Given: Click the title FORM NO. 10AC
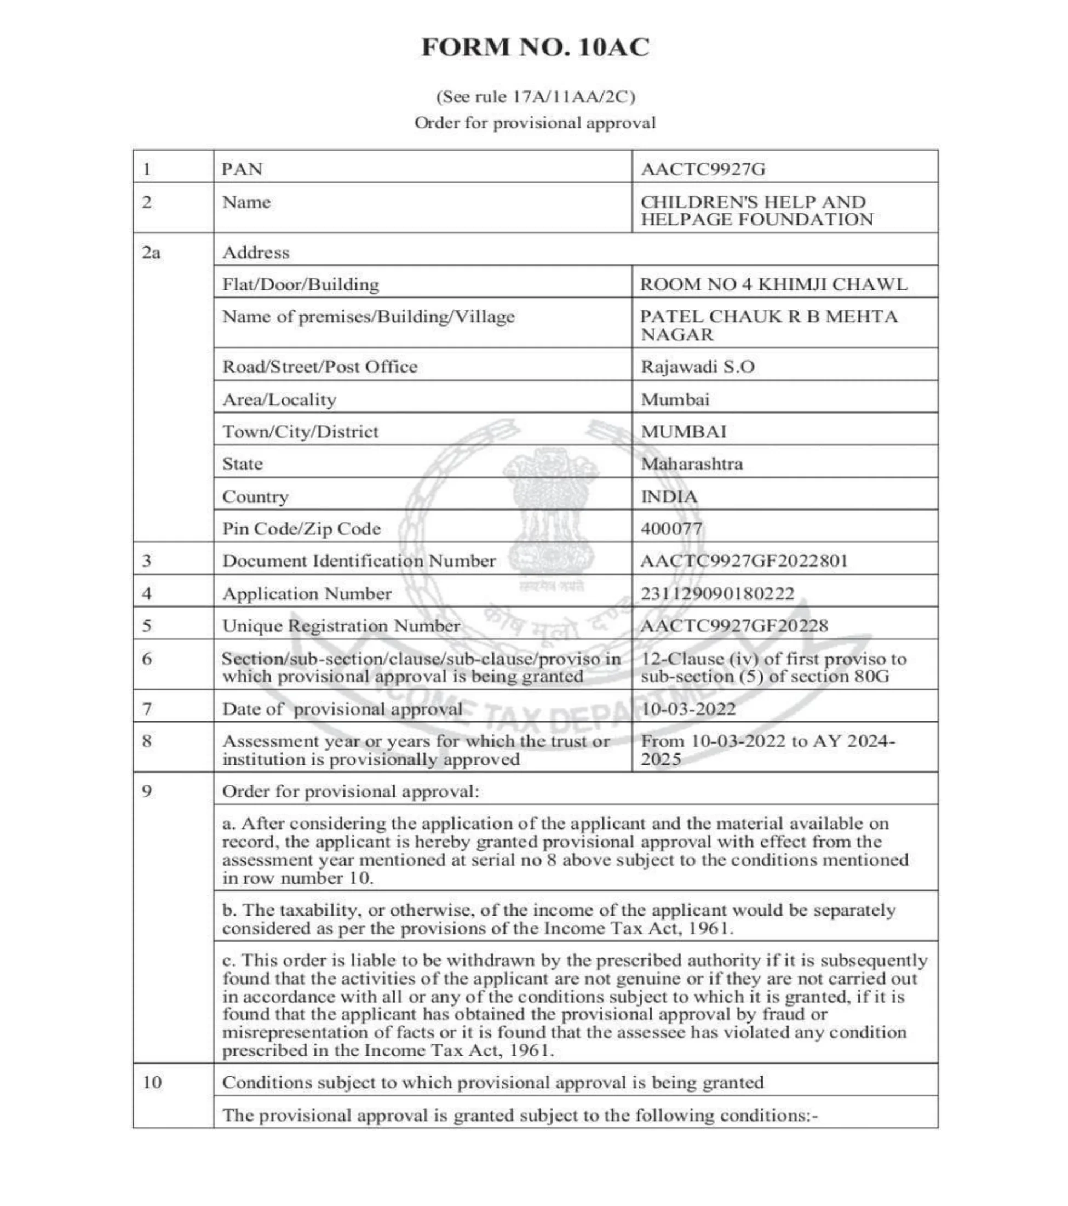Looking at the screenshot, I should tap(535, 47).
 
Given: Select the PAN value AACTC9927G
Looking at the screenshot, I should tap(703, 169).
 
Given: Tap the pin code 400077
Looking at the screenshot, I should tap(671, 528).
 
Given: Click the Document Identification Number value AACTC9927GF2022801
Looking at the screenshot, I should tap(744, 561).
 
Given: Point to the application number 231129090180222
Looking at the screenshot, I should tap(717, 593).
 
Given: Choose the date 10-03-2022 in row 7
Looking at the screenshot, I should tap(688, 708).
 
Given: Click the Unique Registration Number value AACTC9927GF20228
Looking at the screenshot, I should tap(734, 625).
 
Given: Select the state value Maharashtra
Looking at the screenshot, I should tap(692, 464).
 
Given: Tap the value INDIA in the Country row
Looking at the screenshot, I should tap(669, 497).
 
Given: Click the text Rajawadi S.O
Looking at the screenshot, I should tap(698, 367).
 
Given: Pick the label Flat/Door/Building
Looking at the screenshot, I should tap(301, 284).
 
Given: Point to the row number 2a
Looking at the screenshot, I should tap(151, 253).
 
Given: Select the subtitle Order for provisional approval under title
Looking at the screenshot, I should tap(535, 123).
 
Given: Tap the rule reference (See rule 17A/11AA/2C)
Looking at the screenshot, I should tap(535, 97).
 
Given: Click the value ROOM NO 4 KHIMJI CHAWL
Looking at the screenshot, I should tap(774, 284).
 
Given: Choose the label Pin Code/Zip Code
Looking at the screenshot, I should tap(301, 528).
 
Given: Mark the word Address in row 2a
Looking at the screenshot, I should tap(256, 253).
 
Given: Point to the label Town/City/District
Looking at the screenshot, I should tap(300, 431).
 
